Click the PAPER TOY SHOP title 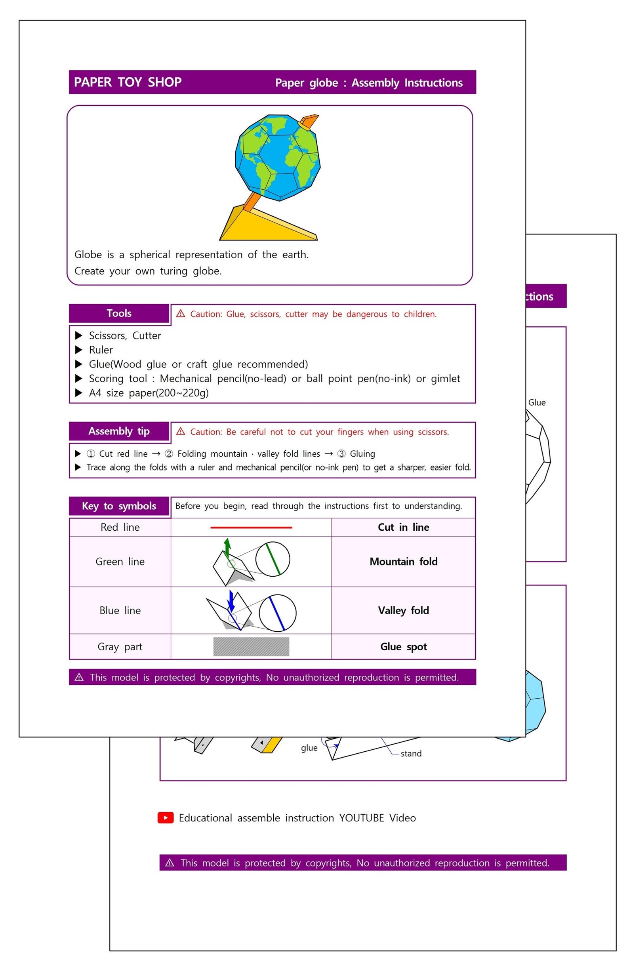click(128, 82)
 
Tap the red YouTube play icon click(166, 818)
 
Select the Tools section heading click(119, 314)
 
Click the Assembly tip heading click(119, 431)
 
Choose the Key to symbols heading click(119, 506)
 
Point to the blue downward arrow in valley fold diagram click(231, 601)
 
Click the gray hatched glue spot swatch click(251, 647)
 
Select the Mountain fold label click(403, 562)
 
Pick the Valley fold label click(403, 611)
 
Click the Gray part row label click(120, 647)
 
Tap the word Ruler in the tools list click(101, 350)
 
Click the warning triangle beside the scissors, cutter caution click(181, 314)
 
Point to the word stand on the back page click(411, 754)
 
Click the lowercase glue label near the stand click(309, 748)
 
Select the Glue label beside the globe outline click(537, 403)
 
